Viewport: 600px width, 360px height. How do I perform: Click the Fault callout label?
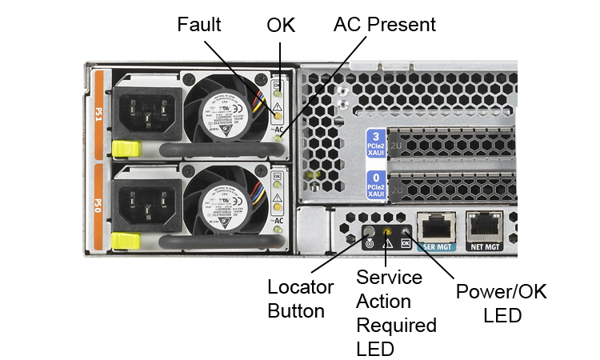[x=198, y=25]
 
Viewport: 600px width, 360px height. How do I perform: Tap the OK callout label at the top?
[x=281, y=25]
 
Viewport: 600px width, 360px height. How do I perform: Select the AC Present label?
[x=385, y=25]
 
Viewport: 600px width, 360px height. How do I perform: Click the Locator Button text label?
[x=296, y=297]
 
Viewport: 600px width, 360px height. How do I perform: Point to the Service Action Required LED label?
[x=396, y=313]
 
